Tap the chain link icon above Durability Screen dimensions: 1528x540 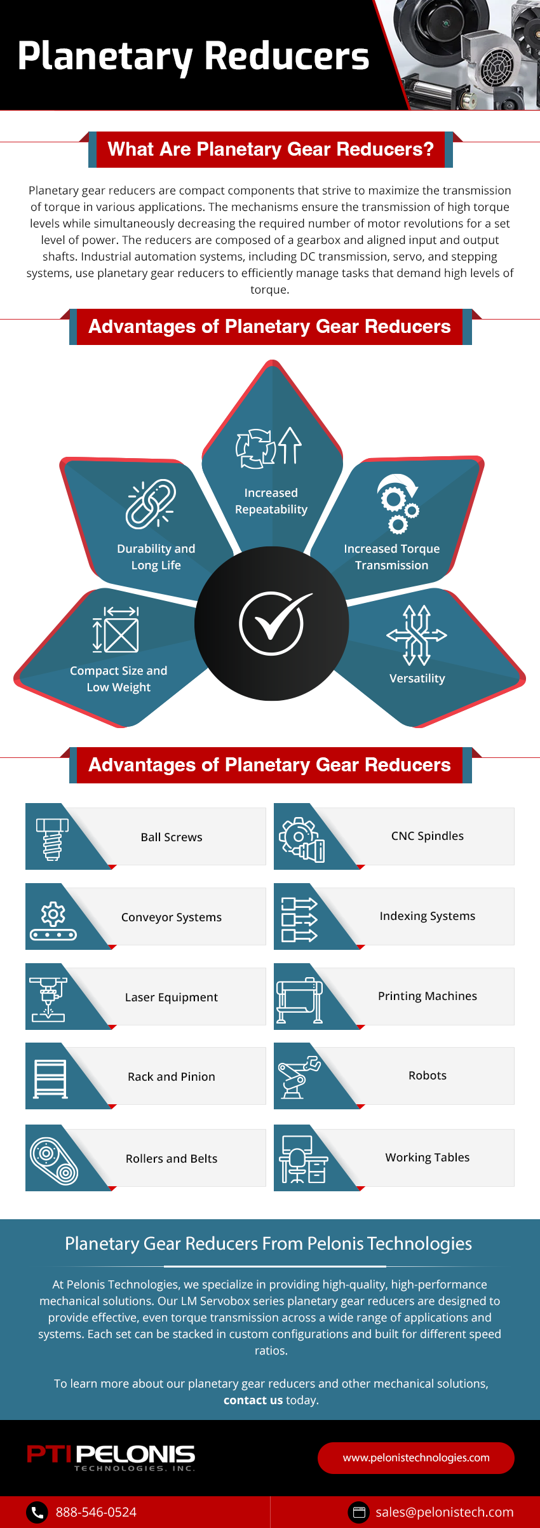[151, 504]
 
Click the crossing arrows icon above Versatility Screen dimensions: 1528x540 [417, 635]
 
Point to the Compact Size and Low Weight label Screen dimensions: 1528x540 [119, 679]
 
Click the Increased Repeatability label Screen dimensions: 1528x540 [271, 501]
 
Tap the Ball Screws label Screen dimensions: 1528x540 [172, 837]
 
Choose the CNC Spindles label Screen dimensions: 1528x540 [428, 836]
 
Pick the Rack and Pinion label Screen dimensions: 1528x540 [172, 1077]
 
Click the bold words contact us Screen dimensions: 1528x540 [253, 1400]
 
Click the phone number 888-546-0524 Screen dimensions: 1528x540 [96, 1512]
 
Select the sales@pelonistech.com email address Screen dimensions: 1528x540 [444, 1512]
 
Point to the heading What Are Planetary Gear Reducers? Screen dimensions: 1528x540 [271, 149]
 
